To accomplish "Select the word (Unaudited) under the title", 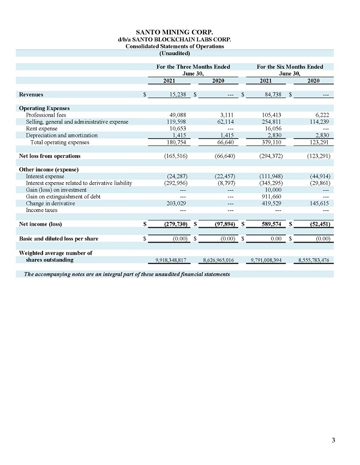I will click(x=174, y=53).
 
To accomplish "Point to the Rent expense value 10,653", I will click(x=178, y=129).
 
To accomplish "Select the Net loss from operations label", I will click(x=50, y=156).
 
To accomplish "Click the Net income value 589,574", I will click(x=272, y=224).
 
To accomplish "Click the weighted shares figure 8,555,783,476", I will click(x=313, y=260).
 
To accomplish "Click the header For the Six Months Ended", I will click(x=290, y=67).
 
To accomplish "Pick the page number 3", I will click(x=334, y=440).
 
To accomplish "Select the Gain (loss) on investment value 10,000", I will click(x=273, y=190).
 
